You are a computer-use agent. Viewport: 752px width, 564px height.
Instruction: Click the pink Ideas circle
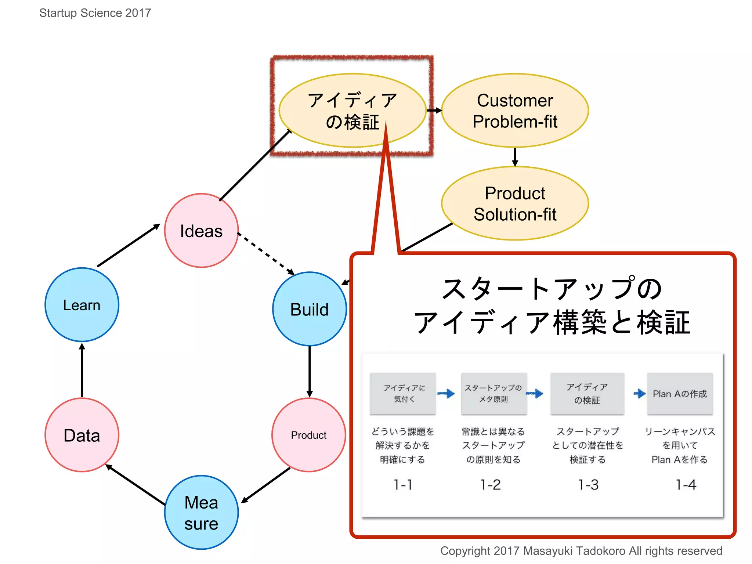point(201,231)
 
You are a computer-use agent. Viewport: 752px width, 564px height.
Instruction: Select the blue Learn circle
point(82,305)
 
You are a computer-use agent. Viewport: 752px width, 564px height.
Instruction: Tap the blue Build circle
point(310,309)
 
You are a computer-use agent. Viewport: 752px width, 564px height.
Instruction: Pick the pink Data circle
point(82,435)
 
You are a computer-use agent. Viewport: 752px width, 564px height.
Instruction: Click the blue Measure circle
point(201,513)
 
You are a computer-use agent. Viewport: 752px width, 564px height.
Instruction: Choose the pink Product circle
point(309,435)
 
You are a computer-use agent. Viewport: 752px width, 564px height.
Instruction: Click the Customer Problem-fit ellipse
point(515,111)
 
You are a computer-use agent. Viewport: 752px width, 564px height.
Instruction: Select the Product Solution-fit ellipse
point(515,203)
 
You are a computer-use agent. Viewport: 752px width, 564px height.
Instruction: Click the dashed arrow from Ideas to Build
point(266,254)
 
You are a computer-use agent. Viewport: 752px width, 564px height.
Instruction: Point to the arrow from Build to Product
point(310,371)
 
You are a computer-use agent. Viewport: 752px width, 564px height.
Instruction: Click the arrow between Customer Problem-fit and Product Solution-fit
point(515,157)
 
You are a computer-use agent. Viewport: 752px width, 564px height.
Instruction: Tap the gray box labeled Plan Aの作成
point(680,394)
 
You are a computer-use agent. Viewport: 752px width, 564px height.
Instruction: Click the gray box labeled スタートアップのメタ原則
point(494,394)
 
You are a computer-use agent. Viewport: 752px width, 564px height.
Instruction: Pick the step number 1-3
point(588,485)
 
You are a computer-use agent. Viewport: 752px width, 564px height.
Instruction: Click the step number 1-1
point(403,485)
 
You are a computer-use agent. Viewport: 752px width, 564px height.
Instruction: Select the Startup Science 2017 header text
point(95,13)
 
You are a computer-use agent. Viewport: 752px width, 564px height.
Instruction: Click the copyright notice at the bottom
point(581,551)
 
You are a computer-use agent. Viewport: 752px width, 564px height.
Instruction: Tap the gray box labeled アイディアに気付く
point(403,394)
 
